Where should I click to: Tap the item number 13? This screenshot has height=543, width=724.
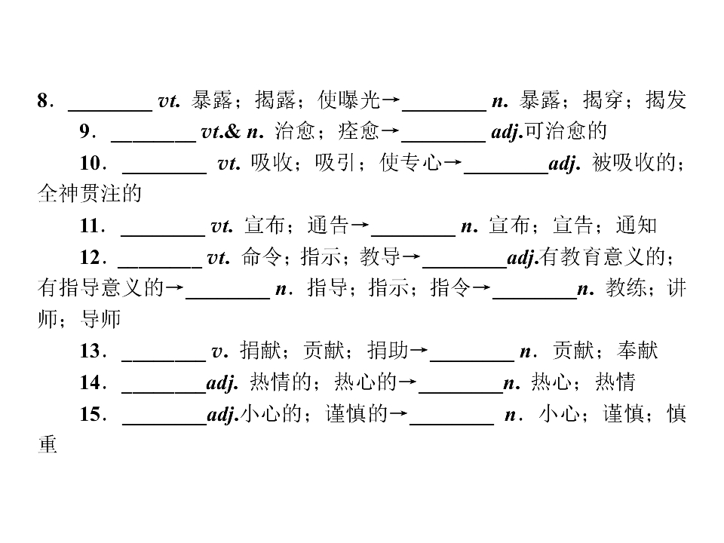tap(90, 351)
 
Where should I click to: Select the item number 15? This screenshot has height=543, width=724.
tap(90, 414)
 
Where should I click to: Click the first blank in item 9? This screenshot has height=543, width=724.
tap(154, 141)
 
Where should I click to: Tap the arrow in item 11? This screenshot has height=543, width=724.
tap(360, 225)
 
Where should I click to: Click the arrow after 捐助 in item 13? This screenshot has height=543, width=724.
tap(419, 351)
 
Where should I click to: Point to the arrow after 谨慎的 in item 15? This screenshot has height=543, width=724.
tap(399, 413)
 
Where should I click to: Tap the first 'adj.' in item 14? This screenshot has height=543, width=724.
tap(222, 383)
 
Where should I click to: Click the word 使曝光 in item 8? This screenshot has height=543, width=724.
tap(349, 100)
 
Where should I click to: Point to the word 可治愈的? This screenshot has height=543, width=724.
tap(566, 131)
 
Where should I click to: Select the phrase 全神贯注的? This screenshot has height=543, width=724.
tap(90, 194)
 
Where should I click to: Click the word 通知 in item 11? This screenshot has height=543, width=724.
tap(637, 225)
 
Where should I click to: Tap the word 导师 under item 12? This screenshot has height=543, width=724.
tap(100, 319)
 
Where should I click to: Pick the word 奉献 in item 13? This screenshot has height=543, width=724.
tap(637, 351)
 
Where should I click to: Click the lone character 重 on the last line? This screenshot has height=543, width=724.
tap(48, 445)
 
